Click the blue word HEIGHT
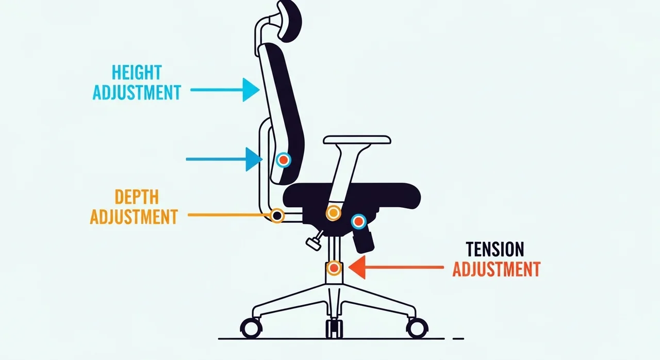pos(137,73)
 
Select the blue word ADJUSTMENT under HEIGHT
pos(137,92)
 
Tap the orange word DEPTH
pos(137,197)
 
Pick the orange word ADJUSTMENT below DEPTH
pos(134,217)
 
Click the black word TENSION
pos(495,249)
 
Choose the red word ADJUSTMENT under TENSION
pos(497,269)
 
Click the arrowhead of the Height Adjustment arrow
pos(251,90)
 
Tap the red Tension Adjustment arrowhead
pos(357,267)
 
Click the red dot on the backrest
pos(284,160)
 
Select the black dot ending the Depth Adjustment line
pos(277,216)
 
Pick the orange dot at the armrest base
pos(333,212)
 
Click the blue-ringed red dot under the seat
pos(358,222)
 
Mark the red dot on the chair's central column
pos(334,268)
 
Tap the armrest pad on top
pos(357,140)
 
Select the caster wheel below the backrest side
pos(251,328)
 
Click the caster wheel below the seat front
pos(417,328)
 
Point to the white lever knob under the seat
pos(313,243)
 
